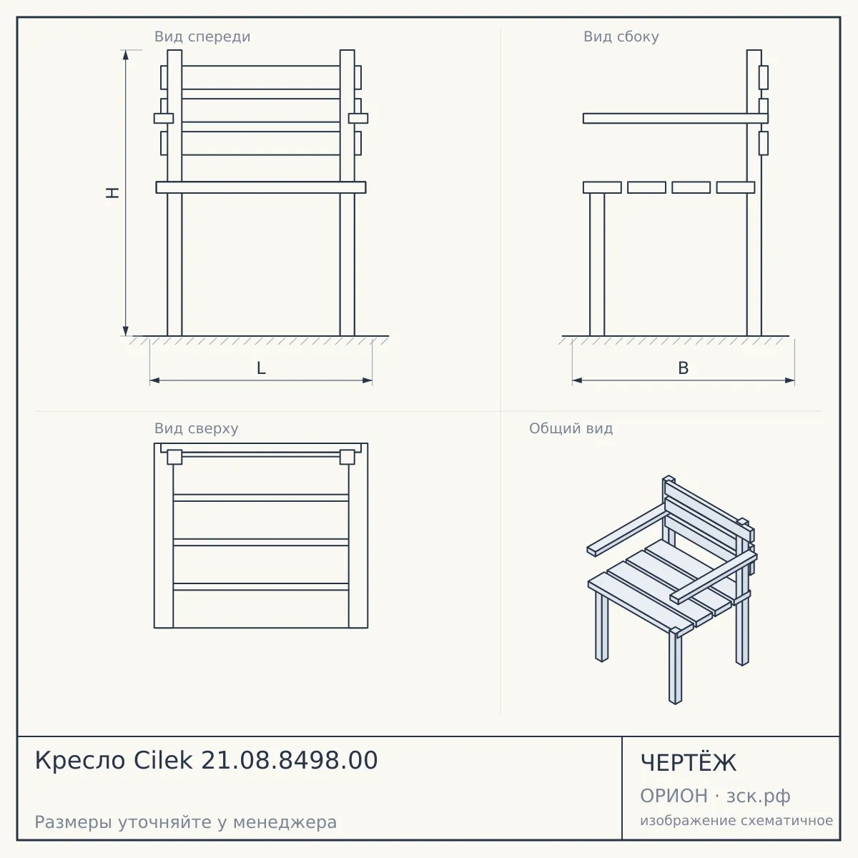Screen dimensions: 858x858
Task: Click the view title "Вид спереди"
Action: pyautogui.click(x=202, y=36)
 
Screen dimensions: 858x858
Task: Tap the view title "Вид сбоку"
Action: pyautogui.click(x=621, y=36)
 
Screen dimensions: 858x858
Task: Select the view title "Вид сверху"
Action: pyautogui.click(x=197, y=428)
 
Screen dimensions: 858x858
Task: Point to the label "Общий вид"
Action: pyautogui.click(x=571, y=428)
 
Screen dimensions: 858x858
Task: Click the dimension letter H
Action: pyautogui.click(x=113, y=192)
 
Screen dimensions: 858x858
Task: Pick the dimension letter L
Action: pyautogui.click(x=262, y=368)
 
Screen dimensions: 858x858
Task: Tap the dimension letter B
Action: pyautogui.click(x=683, y=368)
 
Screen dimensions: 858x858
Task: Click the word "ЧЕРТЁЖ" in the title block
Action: pyautogui.click(x=689, y=763)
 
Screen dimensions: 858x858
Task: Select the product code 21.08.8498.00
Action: pyautogui.click(x=290, y=760)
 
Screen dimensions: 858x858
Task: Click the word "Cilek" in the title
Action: pyautogui.click(x=163, y=760)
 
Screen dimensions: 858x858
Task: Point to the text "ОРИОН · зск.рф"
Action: pyautogui.click(x=715, y=796)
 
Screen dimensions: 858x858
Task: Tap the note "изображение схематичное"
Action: pyautogui.click(x=736, y=820)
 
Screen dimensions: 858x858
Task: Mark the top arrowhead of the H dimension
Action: pyautogui.click(x=126, y=54)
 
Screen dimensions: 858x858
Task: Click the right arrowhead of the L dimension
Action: pyautogui.click(x=368, y=380)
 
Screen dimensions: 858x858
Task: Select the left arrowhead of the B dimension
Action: pyautogui.click(x=578, y=380)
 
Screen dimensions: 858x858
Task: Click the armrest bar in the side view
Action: pyautogui.click(x=676, y=119)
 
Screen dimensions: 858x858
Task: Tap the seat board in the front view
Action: pyautogui.click(x=261, y=187)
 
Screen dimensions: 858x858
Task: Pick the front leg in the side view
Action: pyautogui.click(x=597, y=265)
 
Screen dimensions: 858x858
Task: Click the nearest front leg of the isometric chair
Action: pyautogui.click(x=676, y=668)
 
